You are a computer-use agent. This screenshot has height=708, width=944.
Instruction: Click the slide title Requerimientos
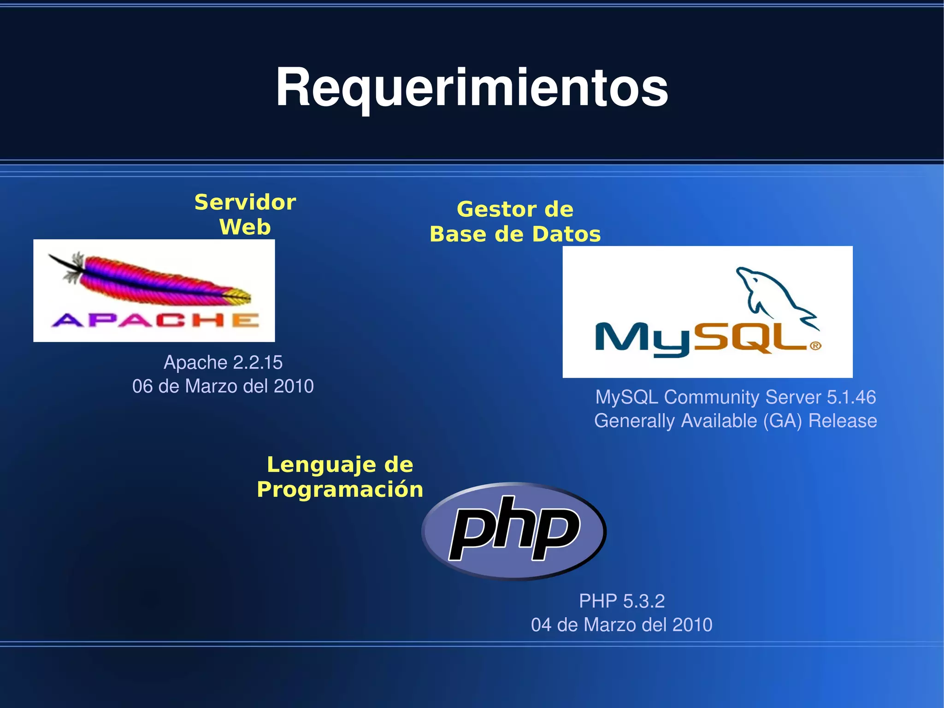tap(472, 88)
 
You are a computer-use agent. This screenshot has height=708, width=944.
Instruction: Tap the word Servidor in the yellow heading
tap(245, 202)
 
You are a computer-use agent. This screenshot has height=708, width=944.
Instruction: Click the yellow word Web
tap(245, 227)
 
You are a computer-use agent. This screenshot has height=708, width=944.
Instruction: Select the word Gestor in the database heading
tap(496, 209)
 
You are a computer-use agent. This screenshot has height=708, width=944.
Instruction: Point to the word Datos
tap(566, 234)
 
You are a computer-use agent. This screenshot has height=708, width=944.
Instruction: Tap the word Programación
tap(340, 489)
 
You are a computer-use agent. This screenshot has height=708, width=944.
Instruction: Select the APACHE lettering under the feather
tap(155, 320)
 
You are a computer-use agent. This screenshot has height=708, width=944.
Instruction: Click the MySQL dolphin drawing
tap(774, 295)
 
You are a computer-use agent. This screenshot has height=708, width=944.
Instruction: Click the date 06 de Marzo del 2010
tap(223, 387)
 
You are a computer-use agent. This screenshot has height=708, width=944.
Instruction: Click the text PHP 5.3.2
tap(621, 601)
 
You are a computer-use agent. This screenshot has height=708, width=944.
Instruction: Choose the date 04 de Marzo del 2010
tap(621, 625)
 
